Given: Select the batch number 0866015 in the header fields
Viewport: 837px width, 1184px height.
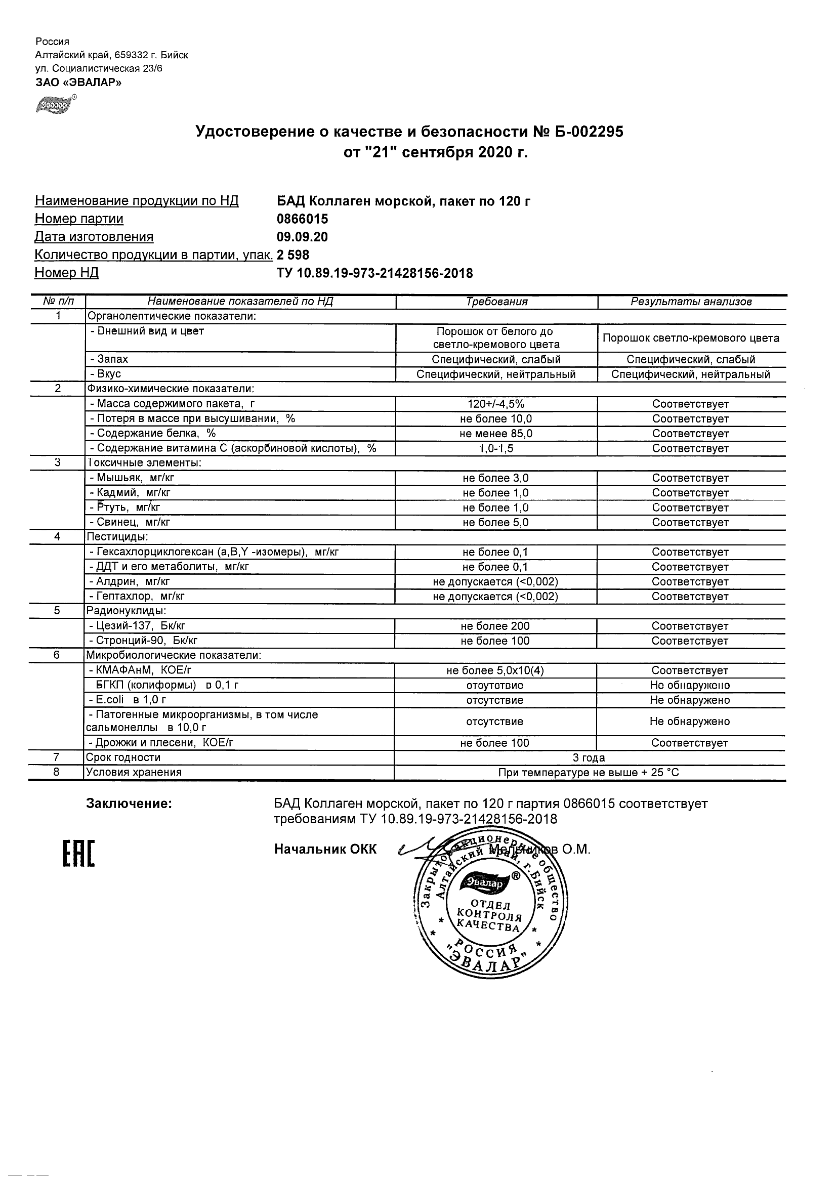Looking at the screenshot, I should (302, 219).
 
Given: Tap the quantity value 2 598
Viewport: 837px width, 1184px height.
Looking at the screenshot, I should (293, 255).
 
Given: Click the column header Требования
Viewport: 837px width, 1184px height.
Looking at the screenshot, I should (496, 302).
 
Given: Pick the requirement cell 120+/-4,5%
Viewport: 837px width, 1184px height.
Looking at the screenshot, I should (495, 404).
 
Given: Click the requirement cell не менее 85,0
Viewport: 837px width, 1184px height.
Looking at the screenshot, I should (495, 434).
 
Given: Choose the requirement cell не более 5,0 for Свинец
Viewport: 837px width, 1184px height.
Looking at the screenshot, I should (495, 523).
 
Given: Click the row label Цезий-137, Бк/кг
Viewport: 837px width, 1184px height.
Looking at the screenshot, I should (140, 626).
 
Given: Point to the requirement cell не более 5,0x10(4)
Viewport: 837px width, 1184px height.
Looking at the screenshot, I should (495, 671).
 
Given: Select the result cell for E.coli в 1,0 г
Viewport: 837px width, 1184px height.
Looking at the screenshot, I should (690, 700).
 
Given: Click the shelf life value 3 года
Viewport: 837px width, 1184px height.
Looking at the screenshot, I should (589, 758).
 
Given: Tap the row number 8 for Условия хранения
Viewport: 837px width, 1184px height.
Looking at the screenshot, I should (57, 773).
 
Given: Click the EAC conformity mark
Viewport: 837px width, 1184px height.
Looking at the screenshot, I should (78, 854).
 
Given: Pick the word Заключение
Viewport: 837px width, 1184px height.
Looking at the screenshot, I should (129, 804).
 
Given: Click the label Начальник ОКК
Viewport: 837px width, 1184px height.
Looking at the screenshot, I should (325, 850).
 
